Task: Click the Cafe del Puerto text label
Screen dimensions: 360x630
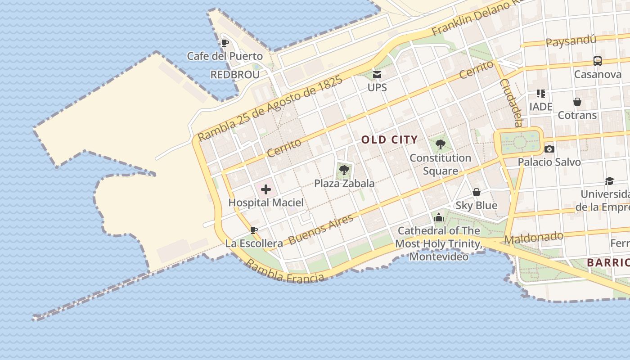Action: (225, 56)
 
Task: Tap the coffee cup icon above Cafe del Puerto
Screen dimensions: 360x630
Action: (225, 43)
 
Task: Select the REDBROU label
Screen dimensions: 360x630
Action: (235, 75)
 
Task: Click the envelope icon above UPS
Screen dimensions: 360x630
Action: (377, 75)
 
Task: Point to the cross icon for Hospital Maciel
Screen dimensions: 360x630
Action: (266, 189)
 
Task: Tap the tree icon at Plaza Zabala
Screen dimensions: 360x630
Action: (344, 170)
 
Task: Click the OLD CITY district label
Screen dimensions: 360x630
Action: (389, 139)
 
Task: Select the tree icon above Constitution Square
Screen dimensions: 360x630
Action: (441, 144)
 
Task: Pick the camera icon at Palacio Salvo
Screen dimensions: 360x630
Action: (549, 149)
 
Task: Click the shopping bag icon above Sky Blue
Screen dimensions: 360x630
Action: (477, 193)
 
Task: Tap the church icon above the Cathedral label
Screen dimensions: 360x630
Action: (439, 218)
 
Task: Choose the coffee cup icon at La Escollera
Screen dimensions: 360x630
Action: (254, 230)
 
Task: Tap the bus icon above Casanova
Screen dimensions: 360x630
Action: (597, 61)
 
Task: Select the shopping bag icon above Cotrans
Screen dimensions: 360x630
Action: (577, 102)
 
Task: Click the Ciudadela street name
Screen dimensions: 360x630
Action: (511, 103)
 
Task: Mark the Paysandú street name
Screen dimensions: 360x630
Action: (571, 41)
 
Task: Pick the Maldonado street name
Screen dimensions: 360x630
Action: (534, 238)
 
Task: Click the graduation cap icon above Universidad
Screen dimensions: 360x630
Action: (609, 181)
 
